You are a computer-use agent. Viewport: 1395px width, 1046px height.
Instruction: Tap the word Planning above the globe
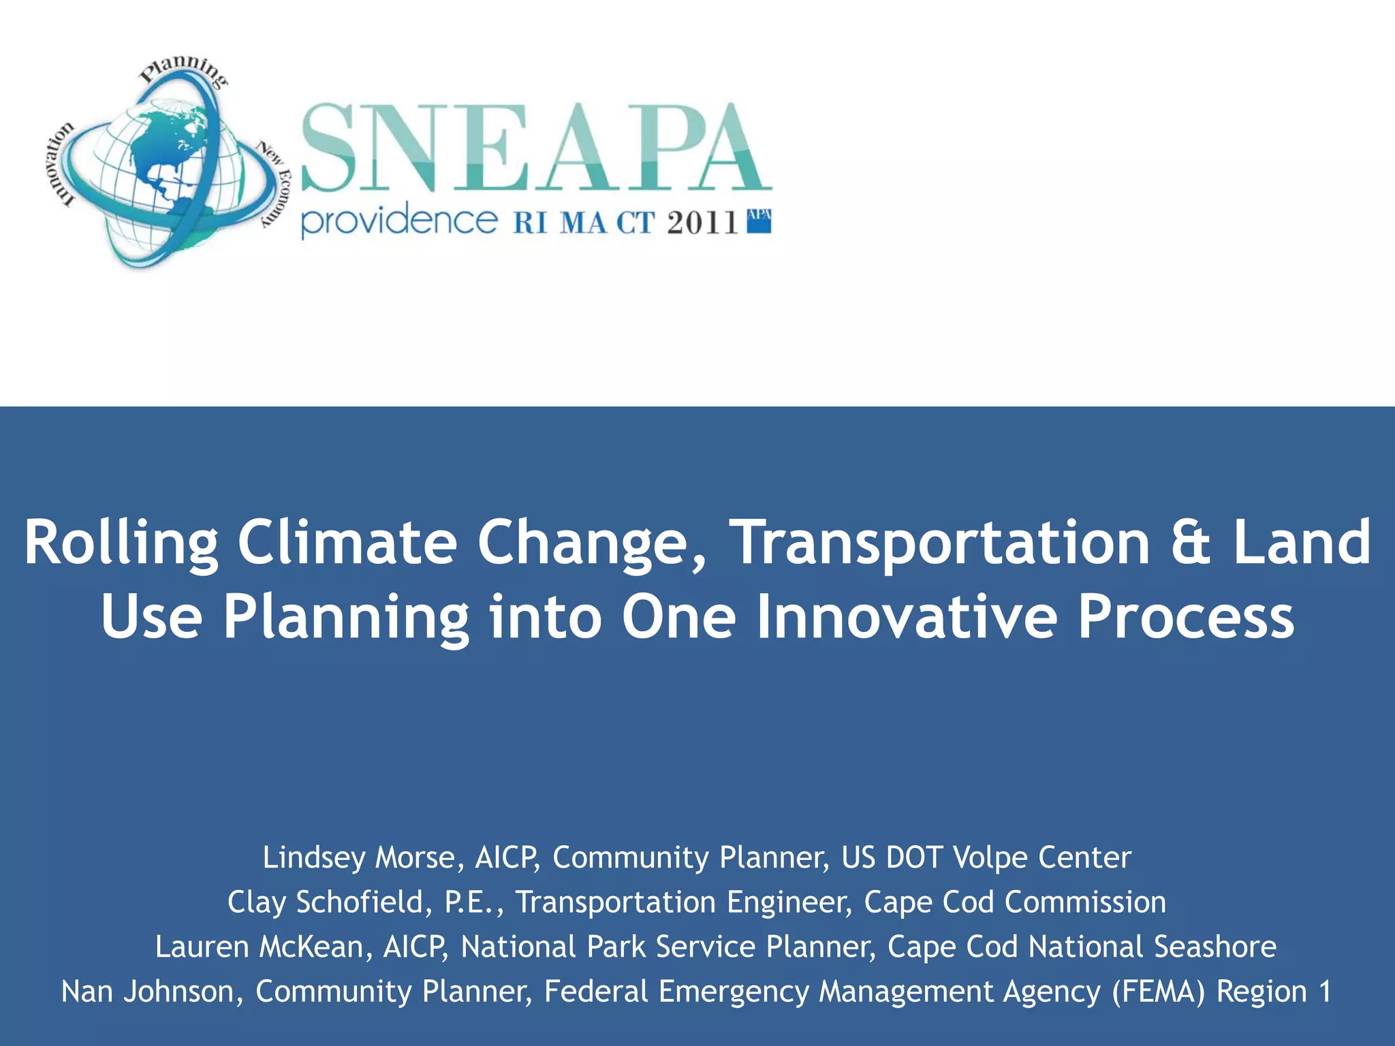click(183, 69)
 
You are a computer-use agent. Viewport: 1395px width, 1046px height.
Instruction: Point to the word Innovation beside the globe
click(63, 163)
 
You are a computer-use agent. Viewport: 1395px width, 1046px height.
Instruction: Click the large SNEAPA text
click(535, 148)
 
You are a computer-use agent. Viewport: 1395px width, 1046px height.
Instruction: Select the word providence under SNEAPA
click(399, 221)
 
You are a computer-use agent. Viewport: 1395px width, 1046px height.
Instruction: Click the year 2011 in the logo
click(702, 223)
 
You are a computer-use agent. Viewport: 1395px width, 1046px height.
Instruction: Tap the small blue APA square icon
click(759, 221)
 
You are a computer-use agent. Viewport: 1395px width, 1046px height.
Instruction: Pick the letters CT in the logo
click(636, 223)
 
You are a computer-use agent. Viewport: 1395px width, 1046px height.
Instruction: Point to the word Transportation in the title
click(940, 543)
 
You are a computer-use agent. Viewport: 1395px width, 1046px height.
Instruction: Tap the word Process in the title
click(1185, 617)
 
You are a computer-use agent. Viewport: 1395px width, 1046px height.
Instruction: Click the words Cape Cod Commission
click(1015, 902)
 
